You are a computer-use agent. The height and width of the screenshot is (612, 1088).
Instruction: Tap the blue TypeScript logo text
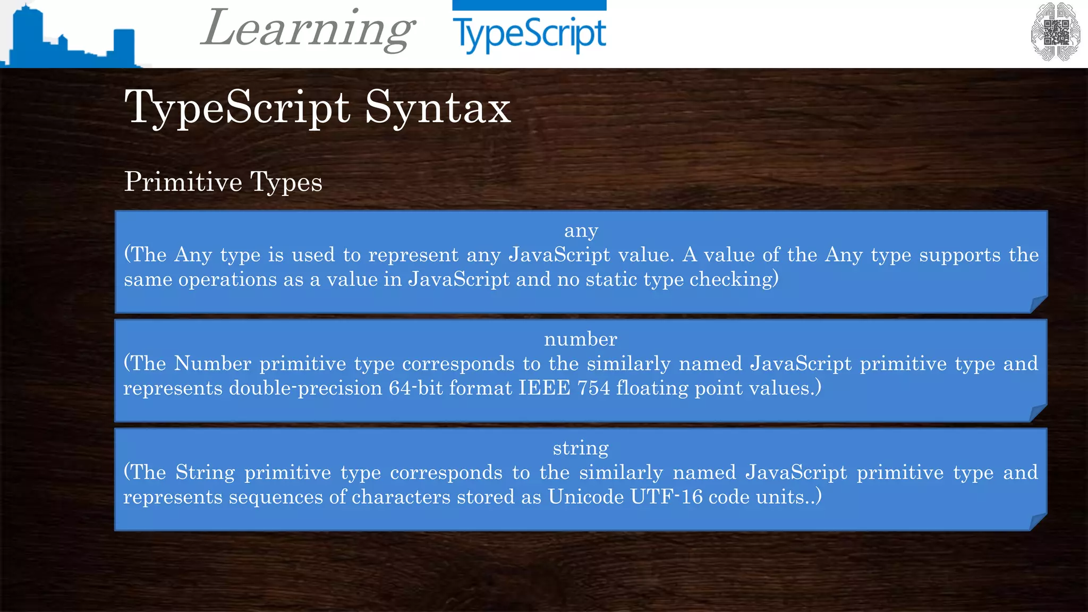pos(529,34)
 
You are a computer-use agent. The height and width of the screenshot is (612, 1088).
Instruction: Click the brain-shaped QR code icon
pos(1055,32)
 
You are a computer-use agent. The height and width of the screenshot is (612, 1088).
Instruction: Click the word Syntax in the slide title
pos(438,107)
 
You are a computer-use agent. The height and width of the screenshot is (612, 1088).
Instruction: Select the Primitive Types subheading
pos(223,182)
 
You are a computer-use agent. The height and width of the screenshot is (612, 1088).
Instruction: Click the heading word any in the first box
pos(581,231)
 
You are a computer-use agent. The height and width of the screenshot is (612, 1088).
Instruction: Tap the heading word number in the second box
pos(581,339)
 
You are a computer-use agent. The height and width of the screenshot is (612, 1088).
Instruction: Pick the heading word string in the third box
pos(581,448)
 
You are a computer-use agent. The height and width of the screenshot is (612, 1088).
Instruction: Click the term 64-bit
pos(416,388)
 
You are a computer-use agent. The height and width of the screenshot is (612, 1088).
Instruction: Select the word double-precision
pos(305,388)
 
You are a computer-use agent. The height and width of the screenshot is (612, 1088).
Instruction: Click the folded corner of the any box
pos(1039,304)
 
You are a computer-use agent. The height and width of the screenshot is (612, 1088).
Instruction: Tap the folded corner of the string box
pos(1039,522)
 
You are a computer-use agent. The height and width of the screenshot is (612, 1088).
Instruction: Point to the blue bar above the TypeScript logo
pos(529,5)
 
